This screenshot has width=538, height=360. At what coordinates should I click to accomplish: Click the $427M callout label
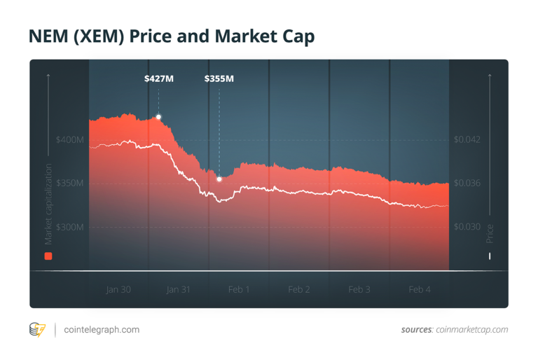coord(158,79)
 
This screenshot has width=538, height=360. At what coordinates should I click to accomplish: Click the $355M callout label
coord(219,79)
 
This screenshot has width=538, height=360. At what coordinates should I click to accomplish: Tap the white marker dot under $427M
coord(159,117)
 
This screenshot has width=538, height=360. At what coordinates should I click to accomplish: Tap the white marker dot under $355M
coord(219,179)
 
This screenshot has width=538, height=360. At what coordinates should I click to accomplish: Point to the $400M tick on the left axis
coord(69,140)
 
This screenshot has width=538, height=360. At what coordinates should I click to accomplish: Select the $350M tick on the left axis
coord(69,184)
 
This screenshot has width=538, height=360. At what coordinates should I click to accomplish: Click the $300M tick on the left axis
coord(69,227)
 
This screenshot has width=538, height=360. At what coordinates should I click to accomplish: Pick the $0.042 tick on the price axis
coord(467,140)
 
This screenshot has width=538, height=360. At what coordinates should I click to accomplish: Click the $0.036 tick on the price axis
coord(467,184)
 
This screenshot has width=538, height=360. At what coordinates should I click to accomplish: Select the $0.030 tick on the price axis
coord(467,227)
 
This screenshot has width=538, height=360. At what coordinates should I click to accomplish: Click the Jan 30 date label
coord(118,289)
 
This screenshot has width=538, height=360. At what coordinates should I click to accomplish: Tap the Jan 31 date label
coord(179,289)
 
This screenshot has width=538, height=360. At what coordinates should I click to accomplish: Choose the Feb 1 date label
coord(239,289)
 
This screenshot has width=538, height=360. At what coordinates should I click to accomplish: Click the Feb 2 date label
coord(299,289)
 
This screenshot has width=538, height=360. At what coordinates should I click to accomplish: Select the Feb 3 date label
coord(359,289)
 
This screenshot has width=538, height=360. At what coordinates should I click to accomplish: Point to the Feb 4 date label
coord(420,289)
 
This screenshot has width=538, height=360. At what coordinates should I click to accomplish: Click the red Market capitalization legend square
coord(48,256)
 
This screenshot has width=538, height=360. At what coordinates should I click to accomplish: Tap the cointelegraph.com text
coord(102,329)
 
